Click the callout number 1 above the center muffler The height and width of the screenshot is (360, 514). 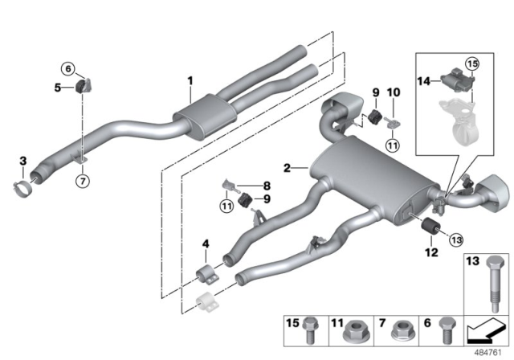tap(190, 80)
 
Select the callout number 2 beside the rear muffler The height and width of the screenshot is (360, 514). tap(287, 168)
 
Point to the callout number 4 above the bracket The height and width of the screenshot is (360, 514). tap(206, 244)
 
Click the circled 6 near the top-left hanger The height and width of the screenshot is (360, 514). tap(67, 69)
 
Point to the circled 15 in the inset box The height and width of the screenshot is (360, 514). tap(471, 62)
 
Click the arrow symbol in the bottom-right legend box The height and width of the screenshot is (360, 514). tap(485, 329)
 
